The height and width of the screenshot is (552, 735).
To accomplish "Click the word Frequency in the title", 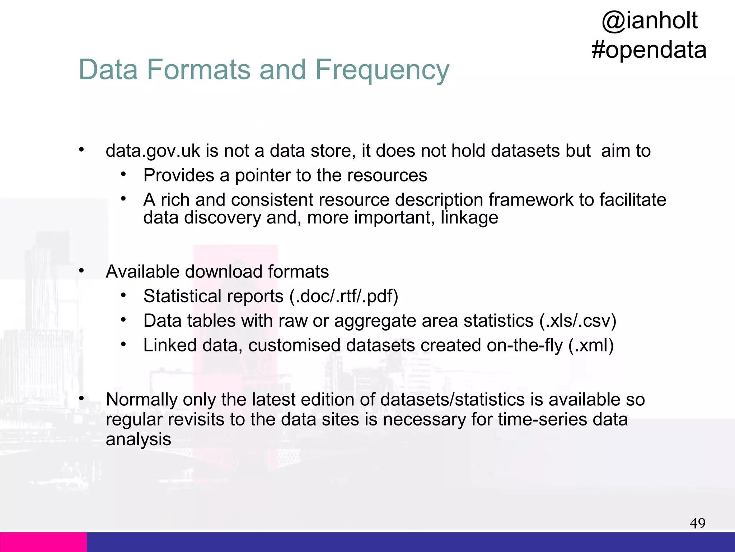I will click(382, 70).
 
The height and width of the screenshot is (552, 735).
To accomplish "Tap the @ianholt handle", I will click(649, 20).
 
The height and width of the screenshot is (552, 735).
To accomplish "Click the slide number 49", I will click(697, 523).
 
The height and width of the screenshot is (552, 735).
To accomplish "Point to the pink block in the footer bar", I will click(43, 542).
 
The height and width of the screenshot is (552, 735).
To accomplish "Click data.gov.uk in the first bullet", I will click(153, 151).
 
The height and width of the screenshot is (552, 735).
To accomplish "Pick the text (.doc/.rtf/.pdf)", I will click(344, 296).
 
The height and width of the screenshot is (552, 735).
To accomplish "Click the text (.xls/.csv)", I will click(578, 321).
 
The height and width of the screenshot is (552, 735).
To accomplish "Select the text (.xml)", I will click(591, 345).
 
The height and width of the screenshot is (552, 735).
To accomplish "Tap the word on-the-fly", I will click(524, 345).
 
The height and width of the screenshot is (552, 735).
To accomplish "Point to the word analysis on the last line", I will click(138, 439).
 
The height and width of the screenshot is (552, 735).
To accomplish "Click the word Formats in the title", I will click(198, 70).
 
